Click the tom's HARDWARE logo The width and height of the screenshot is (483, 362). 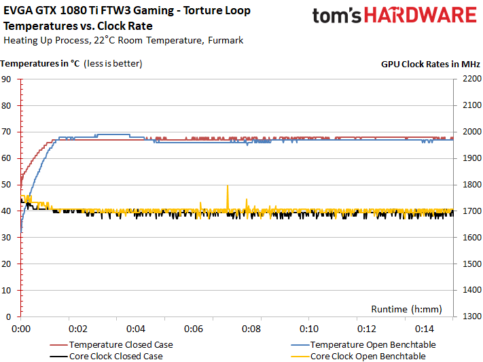click(x=394, y=16)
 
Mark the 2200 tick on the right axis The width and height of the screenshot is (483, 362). click(x=471, y=79)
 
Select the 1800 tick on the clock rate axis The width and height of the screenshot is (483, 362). click(x=471, y=185)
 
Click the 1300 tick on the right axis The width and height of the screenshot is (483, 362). click(x=471, y=316)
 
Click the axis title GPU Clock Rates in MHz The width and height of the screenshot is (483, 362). click(x=430, y=64)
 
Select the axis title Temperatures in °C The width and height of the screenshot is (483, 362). click(x=41, y=64)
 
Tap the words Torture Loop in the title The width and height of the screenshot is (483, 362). click(x=218, y=11)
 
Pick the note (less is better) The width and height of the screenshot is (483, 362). click(x=113, y=64)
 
